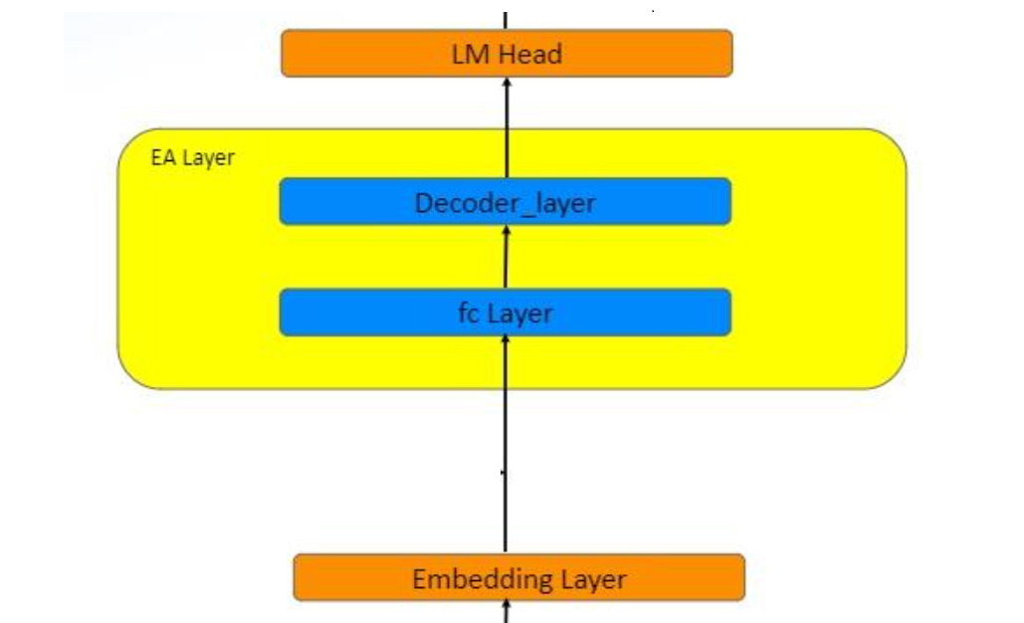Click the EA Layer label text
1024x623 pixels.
click(192, 158)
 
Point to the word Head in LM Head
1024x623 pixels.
click(529, 54)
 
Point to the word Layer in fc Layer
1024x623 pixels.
click(519, 313)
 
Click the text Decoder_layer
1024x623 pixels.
click(505, 204)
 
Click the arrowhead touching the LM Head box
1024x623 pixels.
click(506, 84)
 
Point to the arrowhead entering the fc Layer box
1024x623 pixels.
click(505, 341)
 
